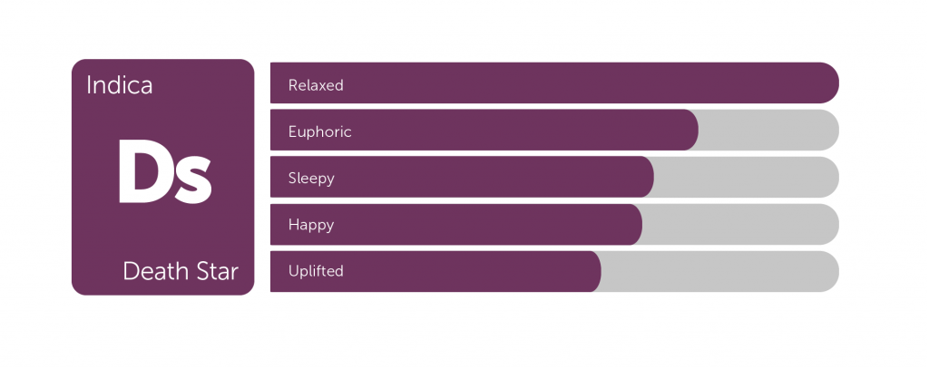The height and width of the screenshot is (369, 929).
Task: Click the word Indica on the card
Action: pos(119,85)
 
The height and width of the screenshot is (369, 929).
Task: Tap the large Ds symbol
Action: pos(165,171)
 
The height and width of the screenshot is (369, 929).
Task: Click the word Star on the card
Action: pos(217,271)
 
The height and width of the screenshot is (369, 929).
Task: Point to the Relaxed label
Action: pos(316,85)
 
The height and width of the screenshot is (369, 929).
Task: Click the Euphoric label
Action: pos(320,131)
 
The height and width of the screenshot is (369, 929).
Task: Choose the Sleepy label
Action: pos(312,179)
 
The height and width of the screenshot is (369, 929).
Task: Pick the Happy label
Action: pos(311,225)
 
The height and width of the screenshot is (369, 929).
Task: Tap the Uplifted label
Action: pos(316,271)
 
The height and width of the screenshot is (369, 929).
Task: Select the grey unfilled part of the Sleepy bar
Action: pos(748,177)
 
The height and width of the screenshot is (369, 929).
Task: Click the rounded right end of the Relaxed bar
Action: pos(828,83)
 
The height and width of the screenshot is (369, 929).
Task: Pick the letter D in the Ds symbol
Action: pos(142,171)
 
